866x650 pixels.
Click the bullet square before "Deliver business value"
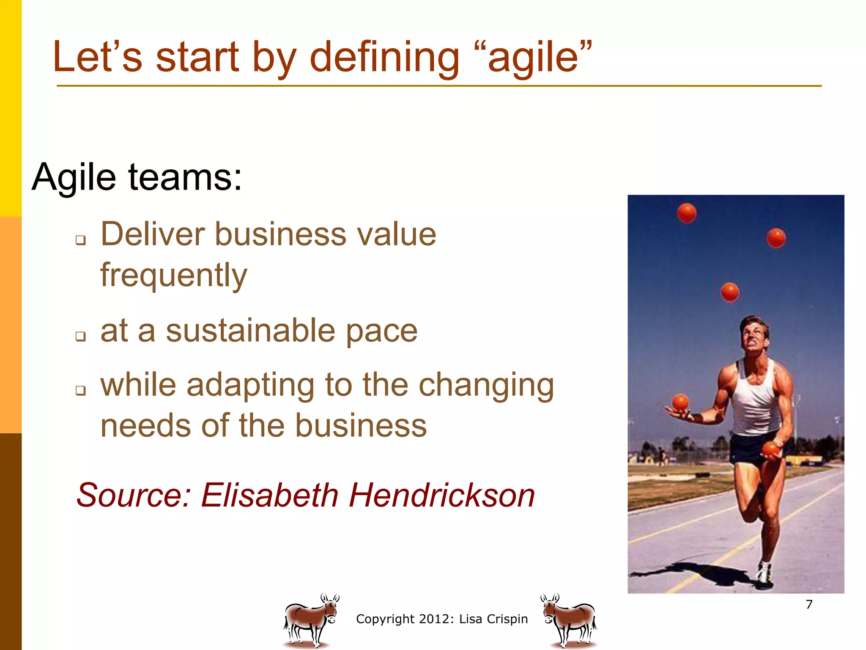[80, 240]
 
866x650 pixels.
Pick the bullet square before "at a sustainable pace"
[80, 336]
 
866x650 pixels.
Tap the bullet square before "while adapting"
[80, 390]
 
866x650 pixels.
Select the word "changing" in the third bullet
[486, 386]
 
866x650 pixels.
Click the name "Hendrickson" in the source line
[441, 495]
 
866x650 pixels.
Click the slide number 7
[809, 604]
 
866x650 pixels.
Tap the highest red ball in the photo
[686, 213]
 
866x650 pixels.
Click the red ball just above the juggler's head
[730, 292]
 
